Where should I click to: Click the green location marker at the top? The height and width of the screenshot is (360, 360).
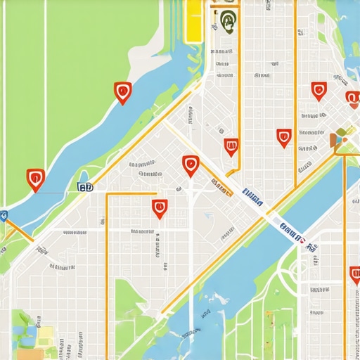pyautogui.click(x=227, y=20)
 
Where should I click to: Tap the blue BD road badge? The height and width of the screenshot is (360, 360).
pyautogui.click(x=86, y=187)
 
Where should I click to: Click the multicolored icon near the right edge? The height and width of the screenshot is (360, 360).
pyautogui.click(x=339, y=139)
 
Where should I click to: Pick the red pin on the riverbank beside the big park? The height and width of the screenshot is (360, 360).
pyautogui.click(x=122, y=91)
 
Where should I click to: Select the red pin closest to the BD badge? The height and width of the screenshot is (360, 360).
pyautogui.click(x=35, y=179)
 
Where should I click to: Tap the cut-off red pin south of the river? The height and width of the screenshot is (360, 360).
pyautogui.click(x=354, y=276)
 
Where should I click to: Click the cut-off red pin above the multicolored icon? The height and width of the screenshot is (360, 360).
pyautogui.click(x=352, y=99)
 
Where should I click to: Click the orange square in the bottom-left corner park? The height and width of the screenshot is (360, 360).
pyautogui.click(x=46, y=333)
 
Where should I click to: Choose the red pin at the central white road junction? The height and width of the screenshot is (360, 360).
pyautogui.click(x=191, y=165)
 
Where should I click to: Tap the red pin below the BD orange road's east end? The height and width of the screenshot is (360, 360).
pyautogui.click(x=160, y=208)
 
